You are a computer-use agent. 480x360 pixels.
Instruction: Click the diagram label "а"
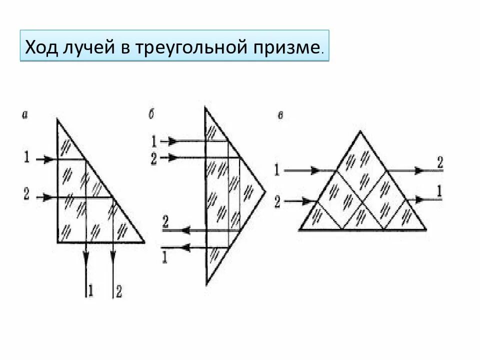click(x=24, y=115)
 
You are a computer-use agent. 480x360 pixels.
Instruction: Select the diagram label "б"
click(x=150, y=114)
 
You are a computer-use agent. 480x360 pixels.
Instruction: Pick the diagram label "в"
click(x=281, y=116)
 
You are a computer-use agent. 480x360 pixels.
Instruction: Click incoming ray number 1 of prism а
click(x=26, y=159)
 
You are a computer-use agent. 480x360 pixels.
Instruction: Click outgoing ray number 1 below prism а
click(x=90, y=290)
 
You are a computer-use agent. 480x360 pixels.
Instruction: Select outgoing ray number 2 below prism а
click(x=118, y=290)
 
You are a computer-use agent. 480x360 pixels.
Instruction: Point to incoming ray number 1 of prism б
click(x=154, y=141)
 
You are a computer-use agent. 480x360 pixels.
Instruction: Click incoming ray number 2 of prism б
click(x=154, y=158)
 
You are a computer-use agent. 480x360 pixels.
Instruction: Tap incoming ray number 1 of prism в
click(x=276, y=170)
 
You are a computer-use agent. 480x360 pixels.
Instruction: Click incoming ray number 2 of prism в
click(x=276, y=201)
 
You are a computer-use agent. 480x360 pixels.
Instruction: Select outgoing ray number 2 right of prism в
click(x=439, y=162)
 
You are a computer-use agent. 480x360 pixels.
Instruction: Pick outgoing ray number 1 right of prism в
click(x=439, y=191)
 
